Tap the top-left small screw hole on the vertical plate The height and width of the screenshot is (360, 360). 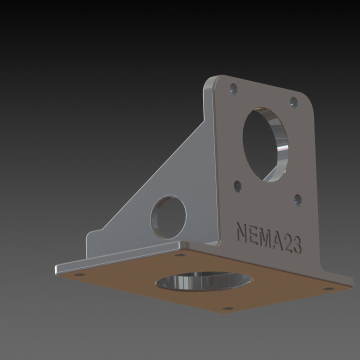click(233, 90)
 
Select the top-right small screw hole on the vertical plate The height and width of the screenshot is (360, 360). click(293, 102)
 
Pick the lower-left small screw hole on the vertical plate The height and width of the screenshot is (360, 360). click(237, 185)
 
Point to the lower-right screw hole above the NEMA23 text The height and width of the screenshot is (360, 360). click(298, 200)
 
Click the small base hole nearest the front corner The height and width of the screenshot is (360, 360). click(225, 309)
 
